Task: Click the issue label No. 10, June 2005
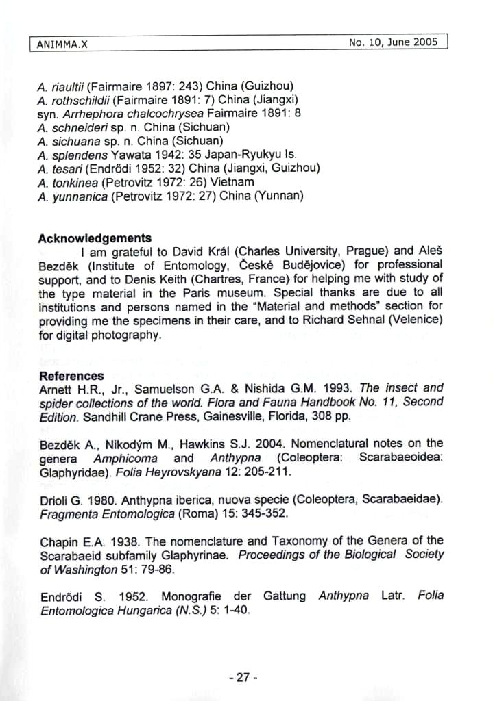393,42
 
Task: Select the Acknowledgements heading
95,238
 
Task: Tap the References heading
71,376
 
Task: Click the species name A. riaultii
61,86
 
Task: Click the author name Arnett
56,389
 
